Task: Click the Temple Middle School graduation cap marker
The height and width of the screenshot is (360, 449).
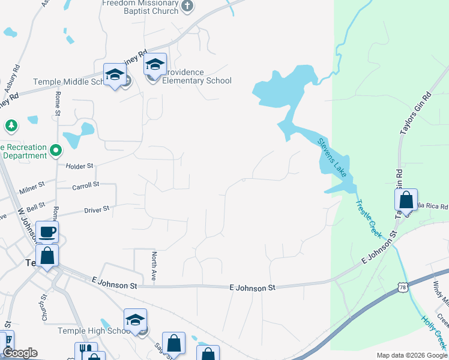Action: [x=114, y=76]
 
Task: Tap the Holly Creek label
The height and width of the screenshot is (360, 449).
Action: [x=433, y=334]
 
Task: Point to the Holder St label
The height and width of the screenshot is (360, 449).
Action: [x=80, y=166]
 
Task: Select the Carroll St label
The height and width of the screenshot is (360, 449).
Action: [x=85, y=186]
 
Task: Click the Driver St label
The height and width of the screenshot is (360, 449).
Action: [x=97, y=209]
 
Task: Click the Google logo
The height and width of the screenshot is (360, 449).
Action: [x=20, y=353]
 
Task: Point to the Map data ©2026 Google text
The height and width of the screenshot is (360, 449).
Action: [x=412, y=355]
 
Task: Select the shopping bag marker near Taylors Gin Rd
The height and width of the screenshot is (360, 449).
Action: [x=406, y=200]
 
